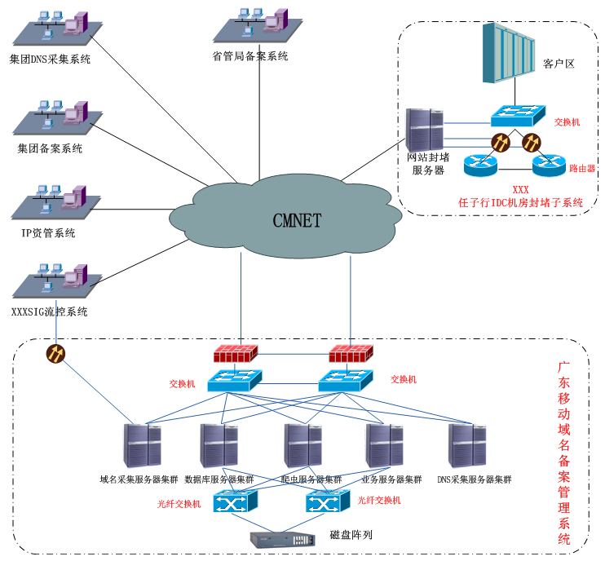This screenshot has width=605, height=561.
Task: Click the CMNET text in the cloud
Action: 297,220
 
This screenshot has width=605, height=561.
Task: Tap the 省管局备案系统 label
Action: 250,56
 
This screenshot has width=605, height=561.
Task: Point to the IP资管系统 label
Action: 48,233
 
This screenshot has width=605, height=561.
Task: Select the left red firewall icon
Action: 235,354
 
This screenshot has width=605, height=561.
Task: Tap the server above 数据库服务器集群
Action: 219,445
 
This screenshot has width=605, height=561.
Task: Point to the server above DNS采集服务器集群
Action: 468,445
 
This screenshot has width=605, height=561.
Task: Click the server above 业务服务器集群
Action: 383,445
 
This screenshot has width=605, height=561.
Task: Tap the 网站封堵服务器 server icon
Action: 424,130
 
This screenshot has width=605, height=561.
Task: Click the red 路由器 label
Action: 582,168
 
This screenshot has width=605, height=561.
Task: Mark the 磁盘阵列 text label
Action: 351,535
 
